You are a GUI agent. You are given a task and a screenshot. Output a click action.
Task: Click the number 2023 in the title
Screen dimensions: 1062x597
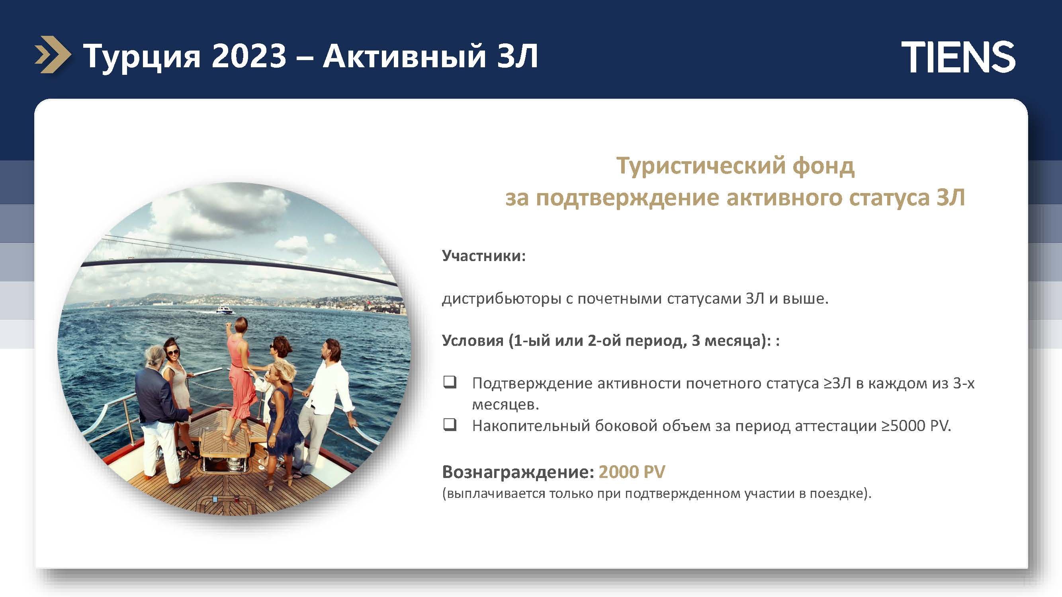tap(249, 56)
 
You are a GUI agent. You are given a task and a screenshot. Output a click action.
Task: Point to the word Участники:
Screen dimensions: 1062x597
tap(484, 256)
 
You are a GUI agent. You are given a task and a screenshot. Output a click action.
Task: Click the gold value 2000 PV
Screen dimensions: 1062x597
tap(632, 472)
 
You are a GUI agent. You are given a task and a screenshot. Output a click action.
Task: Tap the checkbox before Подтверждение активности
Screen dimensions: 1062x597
tap(450, 382)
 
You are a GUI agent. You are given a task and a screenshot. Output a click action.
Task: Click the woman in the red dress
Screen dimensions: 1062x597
tap(241, 379)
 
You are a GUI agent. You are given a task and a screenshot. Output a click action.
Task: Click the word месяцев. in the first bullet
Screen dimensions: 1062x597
tap(505, 404)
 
